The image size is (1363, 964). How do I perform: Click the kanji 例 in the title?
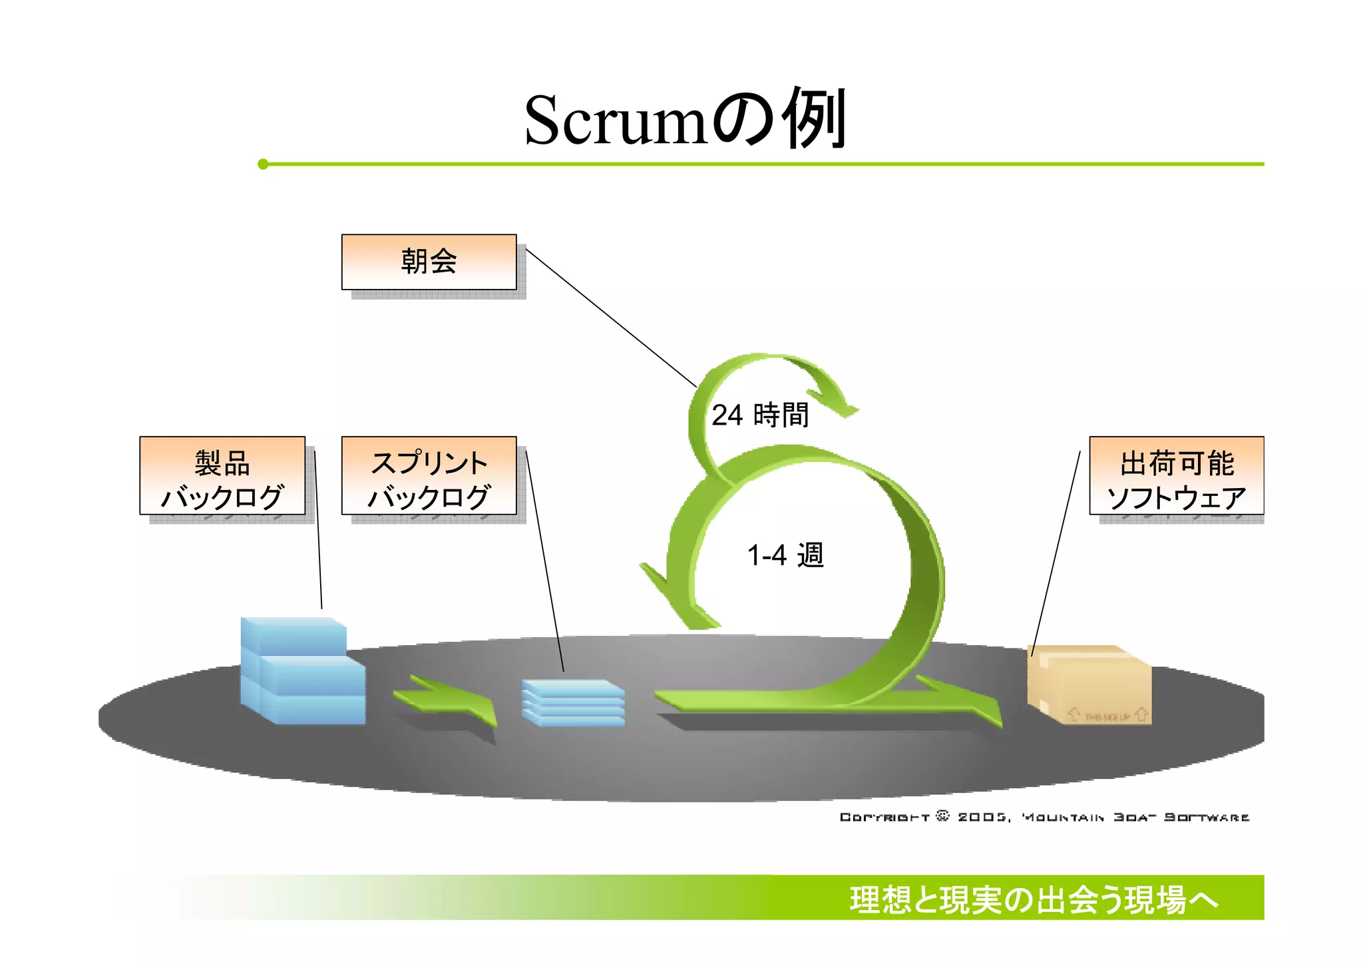coord(813,119)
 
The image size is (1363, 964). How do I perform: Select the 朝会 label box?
coord(429,262)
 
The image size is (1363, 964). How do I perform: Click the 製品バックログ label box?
coord(222,476)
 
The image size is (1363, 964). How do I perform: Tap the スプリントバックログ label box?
coord(429,476)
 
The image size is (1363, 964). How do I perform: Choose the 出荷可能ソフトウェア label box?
coord(1176,476)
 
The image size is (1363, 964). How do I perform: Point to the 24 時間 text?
coord(760,415)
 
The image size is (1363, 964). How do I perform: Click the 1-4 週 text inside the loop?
coord(785,555)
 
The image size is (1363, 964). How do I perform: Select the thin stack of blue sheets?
coord(573,702)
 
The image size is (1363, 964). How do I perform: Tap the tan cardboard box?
coord(1089,686)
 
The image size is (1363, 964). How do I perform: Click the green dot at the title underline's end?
coord(263,164)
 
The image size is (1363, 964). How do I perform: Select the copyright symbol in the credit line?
coord(942,816)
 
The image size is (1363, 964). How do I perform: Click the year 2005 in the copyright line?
coord(982,817)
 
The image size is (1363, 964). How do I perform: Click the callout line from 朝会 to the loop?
coord(611,318)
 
